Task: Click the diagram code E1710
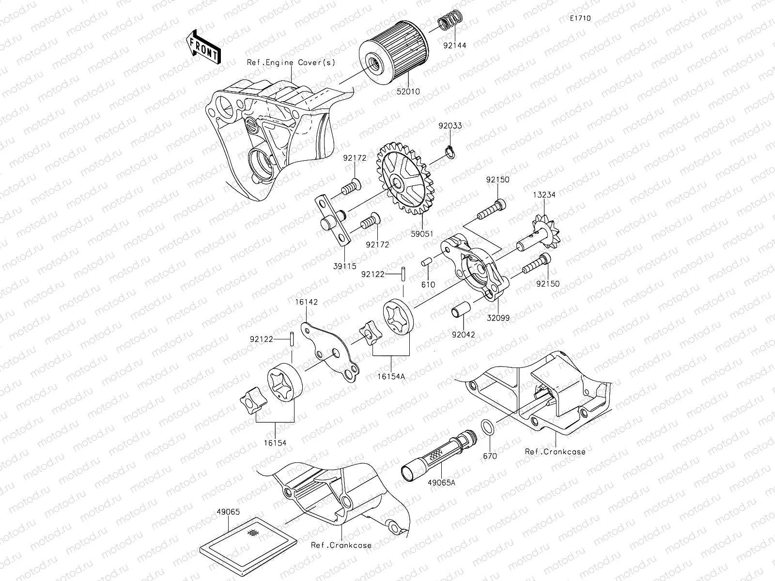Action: pyautogui.click(x=580, y=18)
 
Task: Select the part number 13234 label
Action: pyautogui.click(x=545, y=195)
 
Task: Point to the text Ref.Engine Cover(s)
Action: pyautogui.click(x=291, y=62)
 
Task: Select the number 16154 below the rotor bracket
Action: pyautogui.click(x=275, y=443)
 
